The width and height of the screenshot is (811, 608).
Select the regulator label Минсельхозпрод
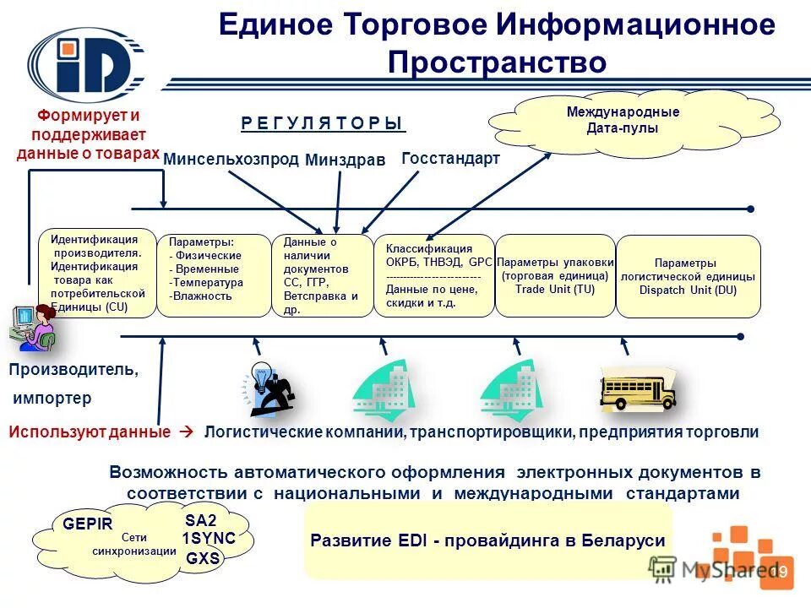point(231,160)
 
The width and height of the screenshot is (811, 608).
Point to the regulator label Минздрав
point(344,160)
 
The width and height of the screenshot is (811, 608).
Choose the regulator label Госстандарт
point(450,158)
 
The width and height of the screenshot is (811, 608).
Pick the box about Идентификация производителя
point(98,273)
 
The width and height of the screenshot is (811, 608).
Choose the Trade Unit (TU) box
point(554,275)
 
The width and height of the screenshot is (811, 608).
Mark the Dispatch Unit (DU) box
point(688,276)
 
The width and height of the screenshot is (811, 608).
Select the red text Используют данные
point(90,432)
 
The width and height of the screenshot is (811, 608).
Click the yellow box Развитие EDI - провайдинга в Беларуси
point(487,540)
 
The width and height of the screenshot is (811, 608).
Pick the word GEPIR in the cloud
point(87,524)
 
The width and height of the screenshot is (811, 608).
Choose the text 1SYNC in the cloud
point(209,539)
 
